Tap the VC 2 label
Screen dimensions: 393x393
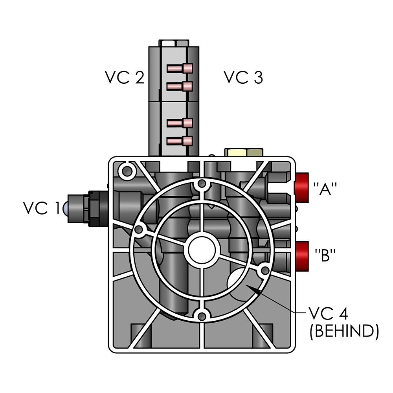click(x=124, y=77)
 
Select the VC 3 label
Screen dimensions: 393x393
click(x=243, y=77)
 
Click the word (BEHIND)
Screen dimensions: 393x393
click(x=344, y=331)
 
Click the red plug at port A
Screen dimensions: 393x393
click(x=302, y=186)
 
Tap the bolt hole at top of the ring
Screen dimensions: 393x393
click(x=202, y=183)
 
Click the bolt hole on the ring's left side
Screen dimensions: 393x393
click(x=139, y=230)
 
